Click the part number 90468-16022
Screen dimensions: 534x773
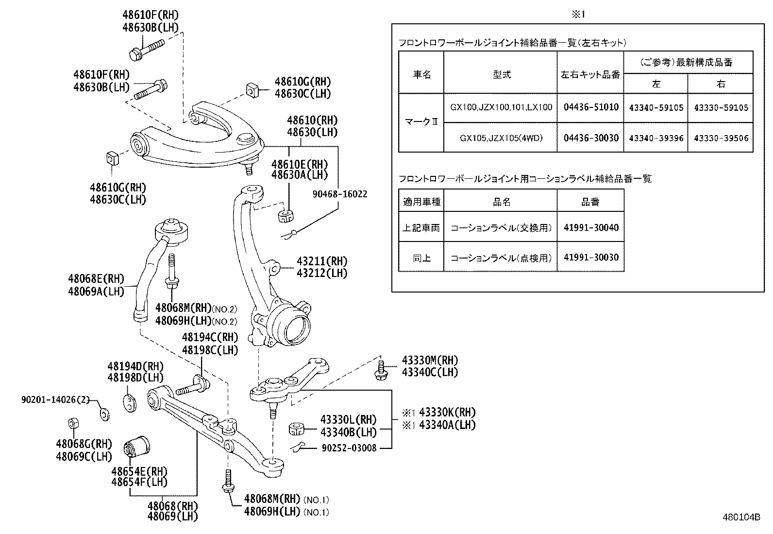[339, 194]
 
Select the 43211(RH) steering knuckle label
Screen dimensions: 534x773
[322, 261]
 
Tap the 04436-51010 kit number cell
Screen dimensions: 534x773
[590, 107]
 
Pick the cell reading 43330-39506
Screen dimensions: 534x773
[721, 138]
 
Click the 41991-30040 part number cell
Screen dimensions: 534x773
[590, 227]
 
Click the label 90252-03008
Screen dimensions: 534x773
[349, 448]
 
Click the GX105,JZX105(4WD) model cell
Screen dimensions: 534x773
[501, 138]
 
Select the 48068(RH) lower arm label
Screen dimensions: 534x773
[172, 505]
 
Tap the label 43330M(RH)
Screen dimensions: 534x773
[429, 360]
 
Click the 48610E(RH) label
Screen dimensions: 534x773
[299, 164]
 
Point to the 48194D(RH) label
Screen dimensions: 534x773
[135, 366]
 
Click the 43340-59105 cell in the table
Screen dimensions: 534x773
[655, 107]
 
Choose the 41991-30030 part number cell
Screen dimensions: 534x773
[590, 257]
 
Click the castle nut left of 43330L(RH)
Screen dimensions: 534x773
[296, 429]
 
